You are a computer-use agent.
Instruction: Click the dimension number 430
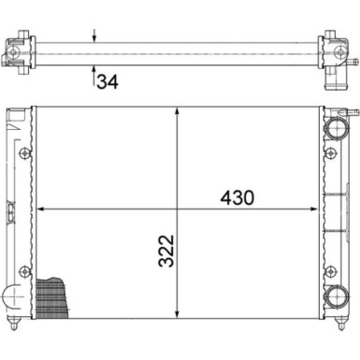(x=236, y=197)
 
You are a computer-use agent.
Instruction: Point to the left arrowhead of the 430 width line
(x=41, y=209)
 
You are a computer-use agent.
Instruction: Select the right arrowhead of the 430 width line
(x=318, y=209)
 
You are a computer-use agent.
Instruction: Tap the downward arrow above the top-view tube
(x=94, y=38)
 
